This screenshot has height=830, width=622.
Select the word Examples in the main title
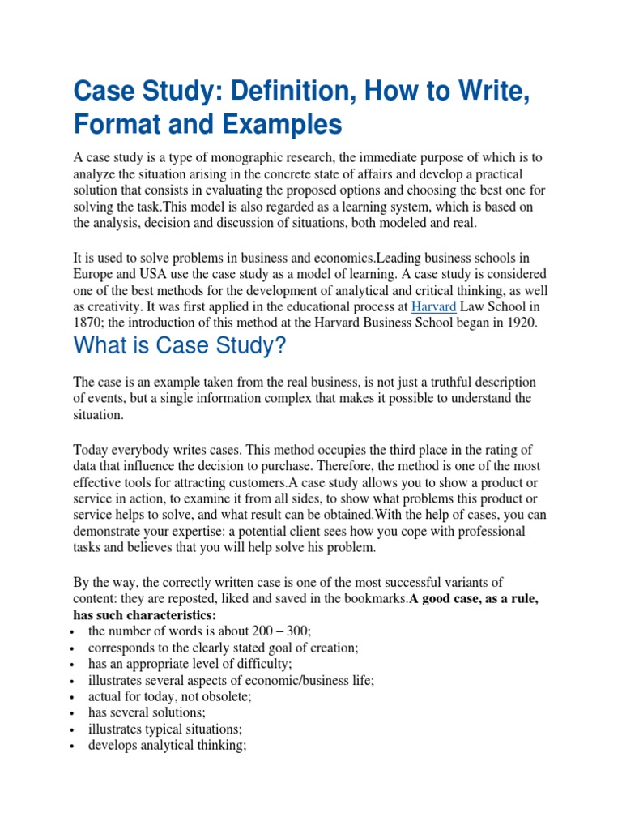click(x=282, y=125)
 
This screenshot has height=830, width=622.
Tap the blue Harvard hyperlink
click(x=434, y=306)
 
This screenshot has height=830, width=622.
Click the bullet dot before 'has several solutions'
click(x=74, y=713)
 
